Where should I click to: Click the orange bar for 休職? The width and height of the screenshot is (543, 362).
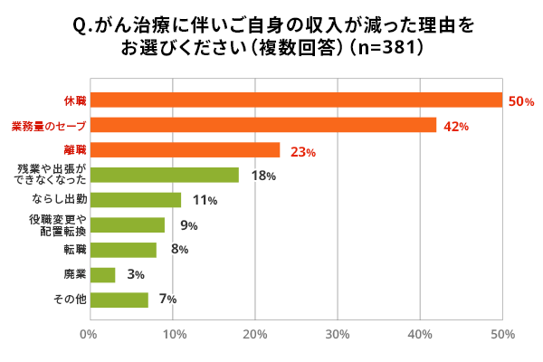296,100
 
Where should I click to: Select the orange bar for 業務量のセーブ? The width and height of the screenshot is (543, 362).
262,126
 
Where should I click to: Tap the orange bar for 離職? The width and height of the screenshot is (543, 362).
185,150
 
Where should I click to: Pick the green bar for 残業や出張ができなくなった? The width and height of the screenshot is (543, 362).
164,176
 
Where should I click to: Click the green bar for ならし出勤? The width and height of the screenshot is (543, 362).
135,200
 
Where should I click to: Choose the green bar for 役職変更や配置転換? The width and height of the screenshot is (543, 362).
127,225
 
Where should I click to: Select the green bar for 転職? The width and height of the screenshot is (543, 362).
122,250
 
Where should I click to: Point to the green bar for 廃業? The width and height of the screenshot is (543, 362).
101,275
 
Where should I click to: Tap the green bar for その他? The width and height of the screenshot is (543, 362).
119,300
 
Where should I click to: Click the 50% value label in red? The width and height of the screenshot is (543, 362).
523,102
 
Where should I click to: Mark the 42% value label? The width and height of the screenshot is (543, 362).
455,127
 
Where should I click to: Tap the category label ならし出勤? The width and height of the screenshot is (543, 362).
60,200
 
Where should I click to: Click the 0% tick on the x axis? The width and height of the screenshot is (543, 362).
89,335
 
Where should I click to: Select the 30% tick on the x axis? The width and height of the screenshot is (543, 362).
338,335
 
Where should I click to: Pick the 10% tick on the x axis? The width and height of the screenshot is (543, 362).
171,335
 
